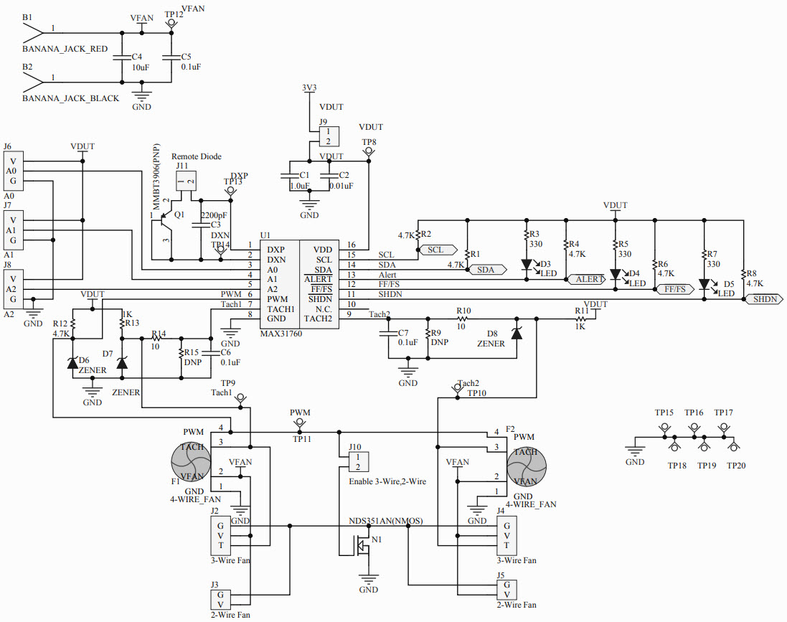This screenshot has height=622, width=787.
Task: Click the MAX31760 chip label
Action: pyautogui.click(x=281, y=334)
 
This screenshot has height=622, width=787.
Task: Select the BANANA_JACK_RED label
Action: pyautogui.click(x=65, y=49)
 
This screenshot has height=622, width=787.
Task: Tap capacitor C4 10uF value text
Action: pyautogui.click(x=140, y=67)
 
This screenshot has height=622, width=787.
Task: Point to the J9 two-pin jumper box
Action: pyautogui.click(x=329, y=136)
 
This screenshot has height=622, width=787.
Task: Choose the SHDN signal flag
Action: pyautogui.click(x=764, y=299)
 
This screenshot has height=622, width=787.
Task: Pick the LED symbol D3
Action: pyautogui.click(x=527, y=264)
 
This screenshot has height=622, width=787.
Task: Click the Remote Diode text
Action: pyautogui.click(x=196, y=156)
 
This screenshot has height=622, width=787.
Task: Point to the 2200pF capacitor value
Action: pyautogui.click(x=214, y=215)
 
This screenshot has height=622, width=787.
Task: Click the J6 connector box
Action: pyautogui.click(x=13, y=171)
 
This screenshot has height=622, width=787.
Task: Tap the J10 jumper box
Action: pyautogui.click(x=358, y=461)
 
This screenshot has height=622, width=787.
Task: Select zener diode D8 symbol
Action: pyautogui.click(x=515, y=333)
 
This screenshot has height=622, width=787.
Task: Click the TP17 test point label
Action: pyautogui.click(x=723, y=413)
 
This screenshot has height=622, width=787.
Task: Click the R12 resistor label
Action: pyautogui.click(x=60, y=324)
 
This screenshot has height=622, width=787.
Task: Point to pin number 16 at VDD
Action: pyautogui.click(x=352, y=245)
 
